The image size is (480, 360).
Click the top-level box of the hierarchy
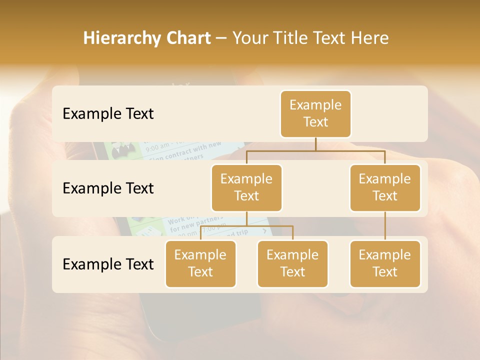tap(315, 113)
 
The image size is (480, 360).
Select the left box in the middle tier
tap(246, 187)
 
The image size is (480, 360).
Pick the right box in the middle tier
tap(385, 187)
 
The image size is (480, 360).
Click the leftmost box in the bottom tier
tap(200, 263)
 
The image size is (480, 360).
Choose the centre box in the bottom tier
tap(292, 263)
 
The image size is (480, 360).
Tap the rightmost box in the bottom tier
tap(385, 263)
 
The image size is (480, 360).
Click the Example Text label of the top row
tap(108, 114)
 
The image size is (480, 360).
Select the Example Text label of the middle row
tap(108, 188)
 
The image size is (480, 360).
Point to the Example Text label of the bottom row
tap(108, 264)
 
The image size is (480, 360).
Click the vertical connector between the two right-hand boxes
tap(385, 225)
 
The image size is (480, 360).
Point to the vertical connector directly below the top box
tap(315, 144)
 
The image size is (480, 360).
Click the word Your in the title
tap(251, 38)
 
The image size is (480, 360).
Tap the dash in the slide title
tap(221, 38)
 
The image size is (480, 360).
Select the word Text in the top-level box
tap(315, 122)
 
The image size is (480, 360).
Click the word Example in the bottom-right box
tap(385, 255)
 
